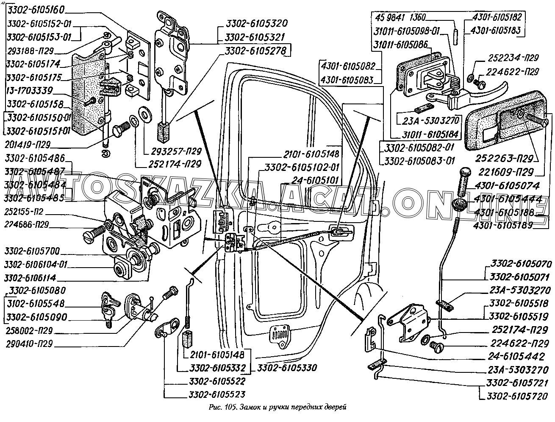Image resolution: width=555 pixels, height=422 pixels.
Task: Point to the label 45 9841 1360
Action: click(x=400, y=17)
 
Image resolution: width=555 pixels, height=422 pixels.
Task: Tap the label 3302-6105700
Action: click(x=33, y=250)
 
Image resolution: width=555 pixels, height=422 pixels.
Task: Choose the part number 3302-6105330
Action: click(x=286, y=368)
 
